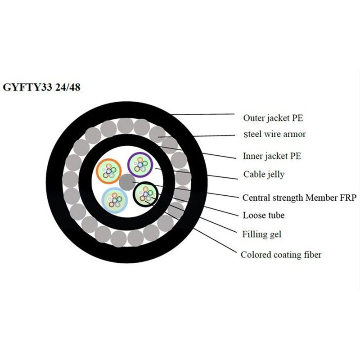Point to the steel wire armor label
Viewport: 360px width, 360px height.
point(275,134)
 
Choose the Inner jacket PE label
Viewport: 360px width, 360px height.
point(272,157)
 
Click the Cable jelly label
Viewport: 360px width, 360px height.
point(264,174)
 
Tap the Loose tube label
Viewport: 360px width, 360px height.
point(264,216)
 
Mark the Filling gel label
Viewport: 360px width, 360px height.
point(262,234)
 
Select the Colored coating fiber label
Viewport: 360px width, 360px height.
point(281,255)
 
